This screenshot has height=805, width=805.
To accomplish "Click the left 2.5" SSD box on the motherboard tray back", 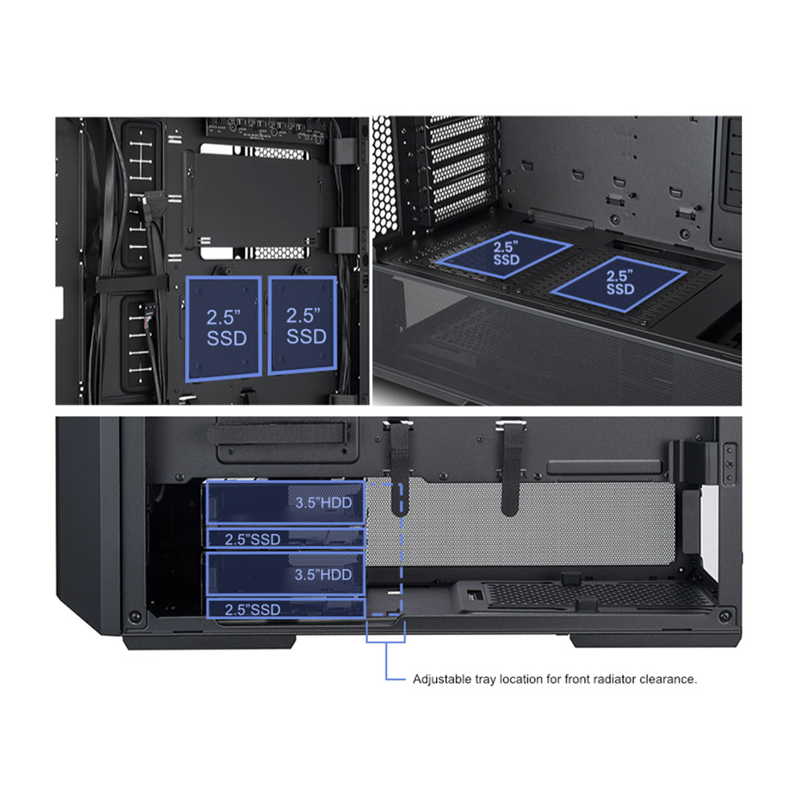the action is click(x=224, y=329).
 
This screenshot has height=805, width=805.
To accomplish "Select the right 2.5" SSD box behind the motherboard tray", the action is click(x=303, y=325).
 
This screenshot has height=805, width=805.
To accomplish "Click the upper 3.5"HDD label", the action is click(x=324, y=502).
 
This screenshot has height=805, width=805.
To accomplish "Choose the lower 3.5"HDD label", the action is click(x=323, y=575).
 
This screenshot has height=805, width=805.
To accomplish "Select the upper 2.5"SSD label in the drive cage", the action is click(x=253, y=539).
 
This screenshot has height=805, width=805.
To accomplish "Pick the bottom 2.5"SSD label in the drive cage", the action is click(x=253, y=609).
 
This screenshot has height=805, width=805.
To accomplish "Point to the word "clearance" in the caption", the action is click(x=667, y=679).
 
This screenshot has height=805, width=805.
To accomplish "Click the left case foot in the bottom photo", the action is click(x=208, y=642).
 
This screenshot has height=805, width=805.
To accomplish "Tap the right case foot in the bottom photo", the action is click(x=655, y=641).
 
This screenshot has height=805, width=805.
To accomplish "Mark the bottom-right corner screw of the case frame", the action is click(x=724, y=615).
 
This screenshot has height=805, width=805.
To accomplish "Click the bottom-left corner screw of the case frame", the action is click(x=135, y=616).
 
